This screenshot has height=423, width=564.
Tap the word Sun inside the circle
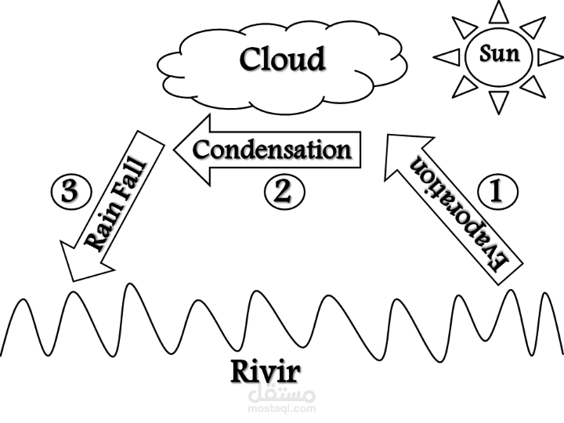point(499,56)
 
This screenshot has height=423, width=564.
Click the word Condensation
point(271,149)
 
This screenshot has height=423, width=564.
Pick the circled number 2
point(280,192)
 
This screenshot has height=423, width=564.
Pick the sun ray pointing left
point(446,56)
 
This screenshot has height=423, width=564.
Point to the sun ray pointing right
point(551,56)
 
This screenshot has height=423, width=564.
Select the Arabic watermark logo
point(283,391)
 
